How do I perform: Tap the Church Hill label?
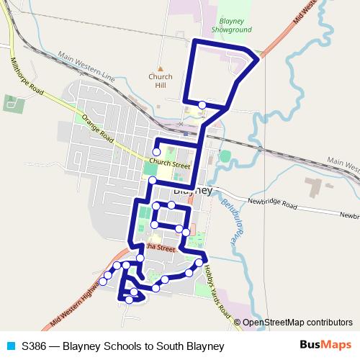(x=161, y=80)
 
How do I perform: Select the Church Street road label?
(x=170, y=163)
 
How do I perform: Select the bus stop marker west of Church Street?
(x=156, y=151)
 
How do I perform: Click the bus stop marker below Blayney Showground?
(x=202, y=105)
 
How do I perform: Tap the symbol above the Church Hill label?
(x=161, y=63)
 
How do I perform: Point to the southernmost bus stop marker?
(x=129, y=300)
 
